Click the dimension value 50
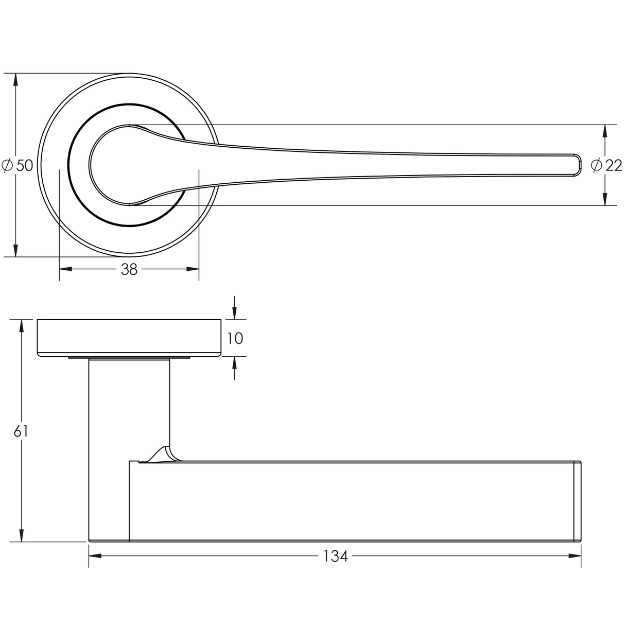pyautogui.click(x=25, y=166)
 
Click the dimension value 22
pyautogui.click(x=614, y=166)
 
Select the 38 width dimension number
pyautogui.click(x=129, y=269)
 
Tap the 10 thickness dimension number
pyautogui.click(x=234, y=338)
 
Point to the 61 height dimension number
pyautogui.click(x=21, y=431)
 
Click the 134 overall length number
pyautogui.click(x=335, y=557)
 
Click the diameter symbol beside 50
pyautogui.click(x=7, y=166)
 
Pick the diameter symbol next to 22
pyautogui.click(x=597, y=166)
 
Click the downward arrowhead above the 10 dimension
pyautogui.click(x=234, y=314)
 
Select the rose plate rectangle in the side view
pyautogui.click(x=129, y=337)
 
